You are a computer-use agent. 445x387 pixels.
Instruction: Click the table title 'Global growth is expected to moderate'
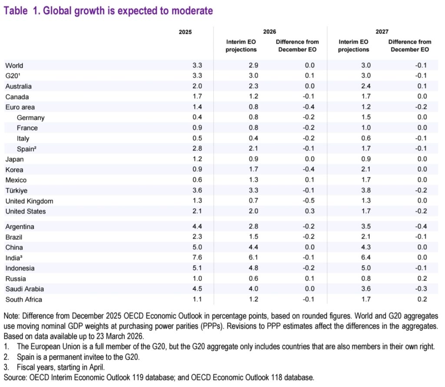pyautogui.click(x=108, y=11)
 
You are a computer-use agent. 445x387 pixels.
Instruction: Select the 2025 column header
pyautogui.click(x=185, y=32)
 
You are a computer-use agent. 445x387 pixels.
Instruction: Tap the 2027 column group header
pyautogui.click(x=382, y=32)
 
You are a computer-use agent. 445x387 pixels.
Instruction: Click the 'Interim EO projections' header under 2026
pyautogui.click(x=241, y=46)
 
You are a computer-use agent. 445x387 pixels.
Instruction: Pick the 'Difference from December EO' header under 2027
pyautogui.click(x=410, y=46)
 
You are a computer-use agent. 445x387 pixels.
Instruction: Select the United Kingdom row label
pyautogui.click(x=29, y=201)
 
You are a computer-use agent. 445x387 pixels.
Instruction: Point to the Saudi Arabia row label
pyautogui.click(x=24, y=289)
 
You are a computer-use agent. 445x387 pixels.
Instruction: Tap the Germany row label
pyautogui.click(x=30, y=118)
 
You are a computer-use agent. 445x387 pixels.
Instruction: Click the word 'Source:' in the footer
pyautogui.click(x=15, y=377)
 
